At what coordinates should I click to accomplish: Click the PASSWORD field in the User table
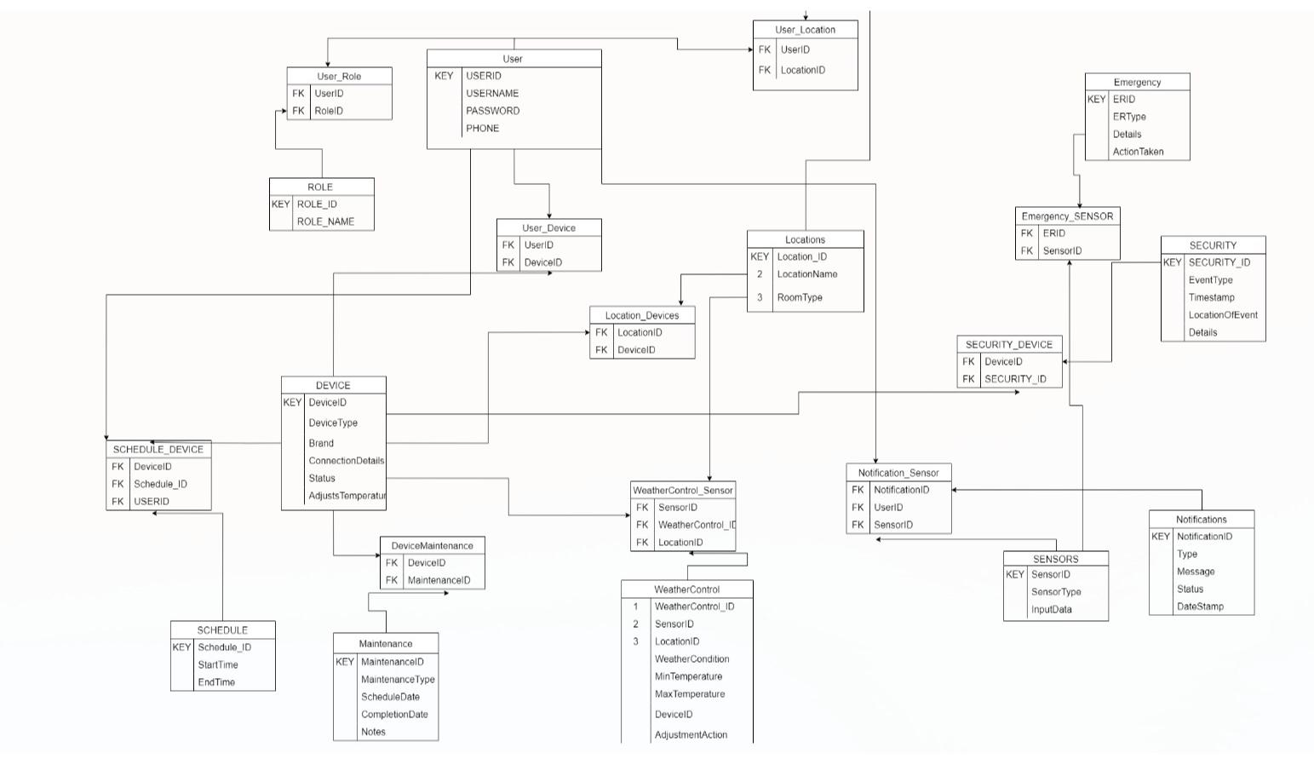[x=492, y=111]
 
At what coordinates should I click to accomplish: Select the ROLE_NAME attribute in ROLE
[x=325, y=221]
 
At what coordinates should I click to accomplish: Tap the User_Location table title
[x=805, y=30]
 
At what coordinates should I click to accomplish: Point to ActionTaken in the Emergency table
[x=1138, y=152]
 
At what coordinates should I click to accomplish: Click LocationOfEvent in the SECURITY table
[x=1223, y=315]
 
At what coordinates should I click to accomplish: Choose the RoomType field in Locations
[x=800, y=297]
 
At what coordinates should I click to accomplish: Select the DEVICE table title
[x=333, y=385]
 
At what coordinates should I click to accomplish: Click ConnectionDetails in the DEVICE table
[x=346, y=461]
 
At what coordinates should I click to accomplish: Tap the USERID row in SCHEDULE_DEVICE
[x=152, y=502]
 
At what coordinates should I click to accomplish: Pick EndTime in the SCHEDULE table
[x=216, y=682]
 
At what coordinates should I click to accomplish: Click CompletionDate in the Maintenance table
[x=394, y=715]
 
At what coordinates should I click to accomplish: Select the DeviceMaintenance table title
[x=432, y=546]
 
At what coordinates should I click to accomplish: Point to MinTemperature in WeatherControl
[x=688, y=676]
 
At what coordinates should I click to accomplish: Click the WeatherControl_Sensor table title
[x=682, y=491]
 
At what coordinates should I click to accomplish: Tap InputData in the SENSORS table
[x=1051, y=610]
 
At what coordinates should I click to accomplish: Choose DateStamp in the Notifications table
[x=1200, y=607]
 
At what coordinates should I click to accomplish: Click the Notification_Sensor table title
[x=898, y=473]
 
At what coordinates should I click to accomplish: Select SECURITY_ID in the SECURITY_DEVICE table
[x=1015, y=379]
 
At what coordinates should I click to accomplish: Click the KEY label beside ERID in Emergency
[x=1096, y=100]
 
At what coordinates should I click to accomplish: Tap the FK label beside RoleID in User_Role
[x=298, y=111]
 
